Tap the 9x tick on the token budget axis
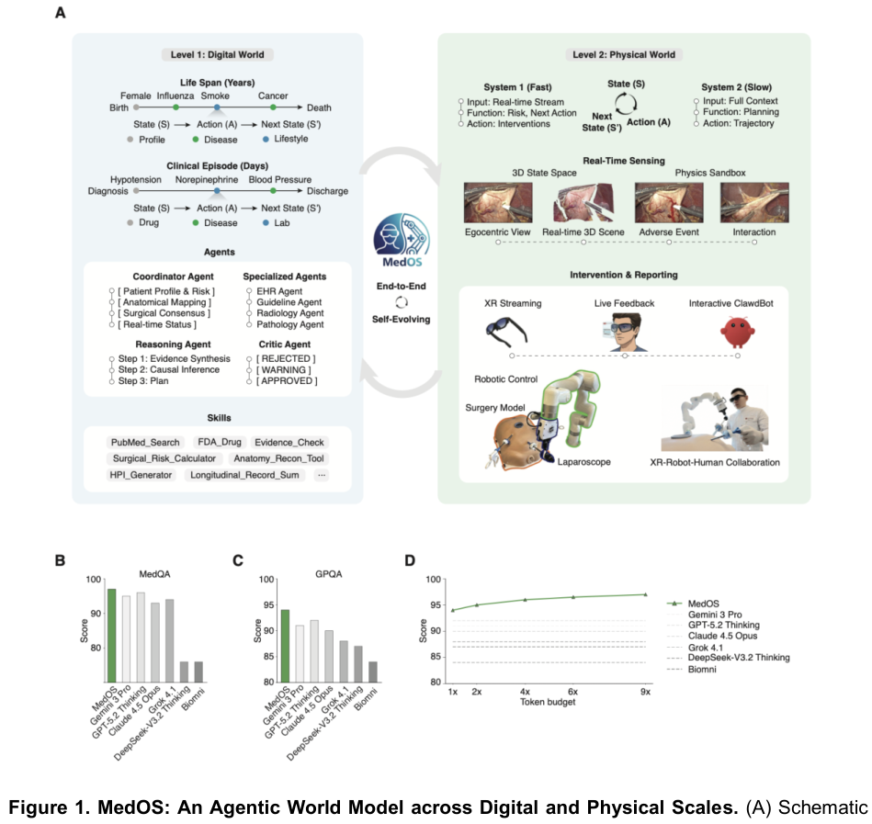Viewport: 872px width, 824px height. point(645,691)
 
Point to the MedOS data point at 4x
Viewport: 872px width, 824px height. point(525,600)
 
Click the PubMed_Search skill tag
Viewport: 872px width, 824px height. point(143,441)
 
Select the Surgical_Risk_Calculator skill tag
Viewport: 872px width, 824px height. point(164,457)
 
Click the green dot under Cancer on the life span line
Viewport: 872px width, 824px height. point(273,107)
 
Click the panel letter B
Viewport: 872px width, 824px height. point(60,559)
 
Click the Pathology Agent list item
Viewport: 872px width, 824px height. point(292,324)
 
